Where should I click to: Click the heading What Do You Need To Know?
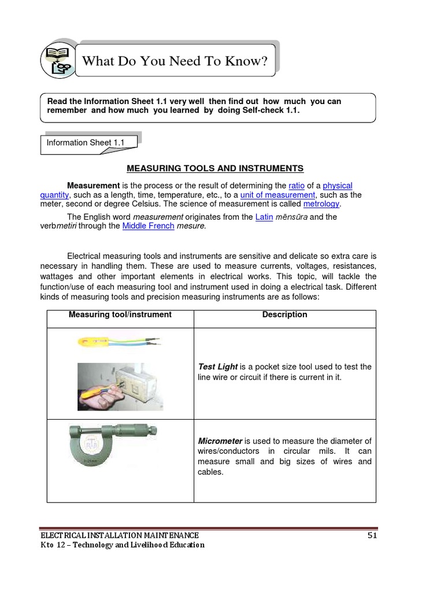pyautogui.click(x=175, y=61)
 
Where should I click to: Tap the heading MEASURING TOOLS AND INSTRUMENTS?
pyautogui.click(x=214, y=168)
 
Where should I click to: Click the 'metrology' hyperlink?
pyautogui.click(x=321, y=204)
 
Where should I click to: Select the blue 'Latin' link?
pyautogui.click(x=264, y=217)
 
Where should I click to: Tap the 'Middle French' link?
pyautogui.click(x=148, y=226)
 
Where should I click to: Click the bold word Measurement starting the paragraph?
pyautogui.click(x=93, y=186)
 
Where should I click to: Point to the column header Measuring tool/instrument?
pyautogui.click(x=120, y=314)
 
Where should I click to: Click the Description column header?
pyautogui.click(x=284, y=314)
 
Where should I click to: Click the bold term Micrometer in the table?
pyautogui.click(x=220, y=441)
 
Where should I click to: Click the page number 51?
pyautogui.click(x=372, y=535)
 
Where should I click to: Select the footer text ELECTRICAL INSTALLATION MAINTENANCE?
pyautogui.click(x=119, y=535)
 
